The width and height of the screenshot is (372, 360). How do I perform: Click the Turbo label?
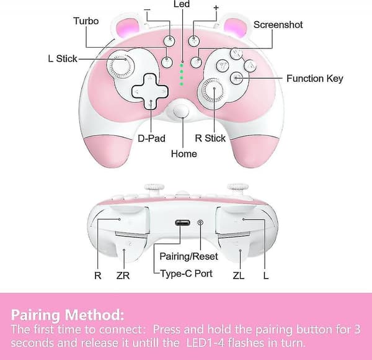click(x=86, y=21)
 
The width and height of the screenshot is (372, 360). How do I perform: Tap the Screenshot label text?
click(x=278, y=25)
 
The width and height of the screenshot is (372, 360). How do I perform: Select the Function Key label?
click(x=315, y=78)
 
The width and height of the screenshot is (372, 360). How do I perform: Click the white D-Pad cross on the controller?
click(x=150, y=91)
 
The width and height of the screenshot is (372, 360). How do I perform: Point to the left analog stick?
click(x=120, y=65)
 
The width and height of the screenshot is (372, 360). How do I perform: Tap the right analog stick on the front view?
click(x=211, y=91)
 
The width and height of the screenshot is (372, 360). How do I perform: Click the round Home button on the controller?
click(x=181, y=111)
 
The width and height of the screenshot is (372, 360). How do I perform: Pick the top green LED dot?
click(x=182, y=65)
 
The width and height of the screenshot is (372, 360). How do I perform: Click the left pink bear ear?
click(x=127, y=28)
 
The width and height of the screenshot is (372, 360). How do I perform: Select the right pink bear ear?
click(x=234, y=28)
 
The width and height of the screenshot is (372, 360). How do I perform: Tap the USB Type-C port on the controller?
click(x=182, y=223)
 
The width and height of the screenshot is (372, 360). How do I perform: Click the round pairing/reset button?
click(x=200, y=222)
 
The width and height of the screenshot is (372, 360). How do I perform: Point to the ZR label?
click(x=123, y=276)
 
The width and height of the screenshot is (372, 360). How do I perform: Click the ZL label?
click(x=239, y=276)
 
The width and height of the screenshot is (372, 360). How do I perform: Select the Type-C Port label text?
click(x=187, y=274)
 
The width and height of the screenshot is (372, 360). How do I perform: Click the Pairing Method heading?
click(x=68, y=315)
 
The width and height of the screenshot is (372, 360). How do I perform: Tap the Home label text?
click(x=184, y=154)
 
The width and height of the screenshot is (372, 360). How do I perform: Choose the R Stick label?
click(x=210, y=138)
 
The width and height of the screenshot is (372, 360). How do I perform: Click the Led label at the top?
click(x=182, y=4)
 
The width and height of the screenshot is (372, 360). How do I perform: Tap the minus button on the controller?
click(x=169, y=41)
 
